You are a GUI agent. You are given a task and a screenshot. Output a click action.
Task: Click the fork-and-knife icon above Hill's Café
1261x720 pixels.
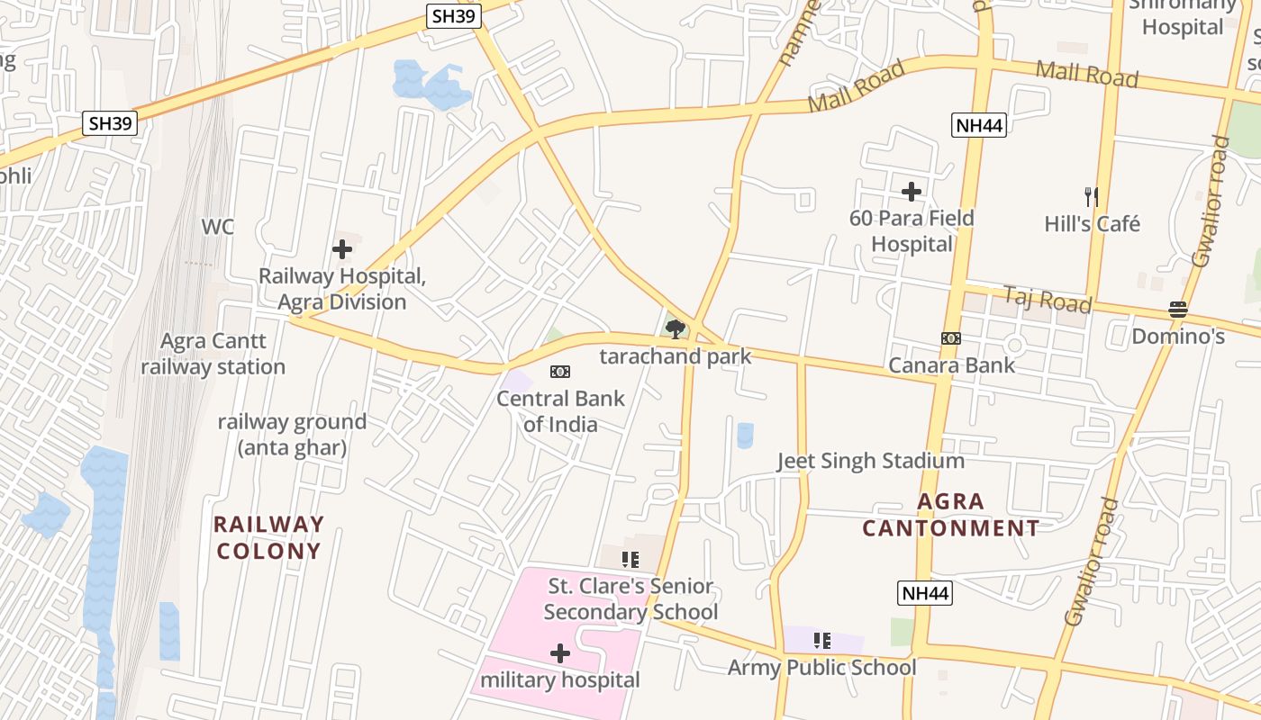click(1092, 196)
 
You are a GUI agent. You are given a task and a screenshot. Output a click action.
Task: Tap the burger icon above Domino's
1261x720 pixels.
click(1178, 310)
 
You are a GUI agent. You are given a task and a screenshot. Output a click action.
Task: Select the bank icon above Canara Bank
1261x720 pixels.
click(951, 338)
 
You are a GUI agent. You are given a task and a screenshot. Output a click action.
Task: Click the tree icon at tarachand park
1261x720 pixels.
click(675, 328)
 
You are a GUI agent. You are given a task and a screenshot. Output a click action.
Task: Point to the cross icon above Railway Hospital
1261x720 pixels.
click(342, 249)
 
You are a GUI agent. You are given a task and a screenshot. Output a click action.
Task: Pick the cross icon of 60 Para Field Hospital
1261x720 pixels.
click(912, 192)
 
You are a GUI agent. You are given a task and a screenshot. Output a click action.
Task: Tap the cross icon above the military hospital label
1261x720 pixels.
click(560, 653)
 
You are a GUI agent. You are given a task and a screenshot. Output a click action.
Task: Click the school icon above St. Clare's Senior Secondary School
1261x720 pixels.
click(630, 560)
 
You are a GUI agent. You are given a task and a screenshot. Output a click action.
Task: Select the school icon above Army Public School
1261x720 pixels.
click(821, 641)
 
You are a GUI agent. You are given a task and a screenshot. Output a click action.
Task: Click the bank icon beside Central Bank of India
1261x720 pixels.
click(560, 372)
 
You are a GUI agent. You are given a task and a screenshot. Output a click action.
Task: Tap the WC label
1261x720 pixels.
click(217, 227)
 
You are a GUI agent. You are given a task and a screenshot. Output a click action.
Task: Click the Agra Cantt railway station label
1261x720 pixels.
click(213, 354)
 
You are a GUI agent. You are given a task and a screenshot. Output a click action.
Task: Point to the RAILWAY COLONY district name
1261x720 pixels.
click(268, 537)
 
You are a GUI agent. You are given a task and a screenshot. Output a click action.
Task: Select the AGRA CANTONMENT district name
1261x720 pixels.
click(951, 515)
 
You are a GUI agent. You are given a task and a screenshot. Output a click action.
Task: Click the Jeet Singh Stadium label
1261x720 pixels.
click(871, 462)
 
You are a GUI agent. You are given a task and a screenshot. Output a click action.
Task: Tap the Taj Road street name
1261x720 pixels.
click(1047, 300)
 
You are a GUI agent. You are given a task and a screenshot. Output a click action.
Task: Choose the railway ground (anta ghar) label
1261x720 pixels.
click(292, 434)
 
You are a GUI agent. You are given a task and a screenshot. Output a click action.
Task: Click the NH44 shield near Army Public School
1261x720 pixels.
click(925, 593)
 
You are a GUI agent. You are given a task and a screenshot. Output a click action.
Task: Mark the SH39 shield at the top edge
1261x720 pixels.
click(454, 15)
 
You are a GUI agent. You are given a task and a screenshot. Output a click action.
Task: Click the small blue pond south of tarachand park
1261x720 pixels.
click(745, 436)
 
